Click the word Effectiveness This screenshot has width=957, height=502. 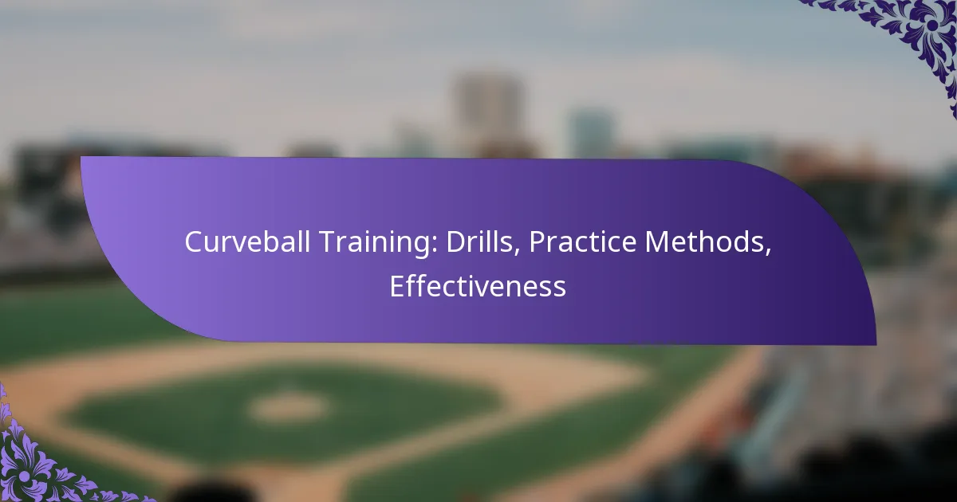(x=478, y=286)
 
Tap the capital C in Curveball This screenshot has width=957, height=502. (x=192, y=243)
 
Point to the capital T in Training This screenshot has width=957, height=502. (x=302, y=243)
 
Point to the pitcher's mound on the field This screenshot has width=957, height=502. (x=288, y=406)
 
